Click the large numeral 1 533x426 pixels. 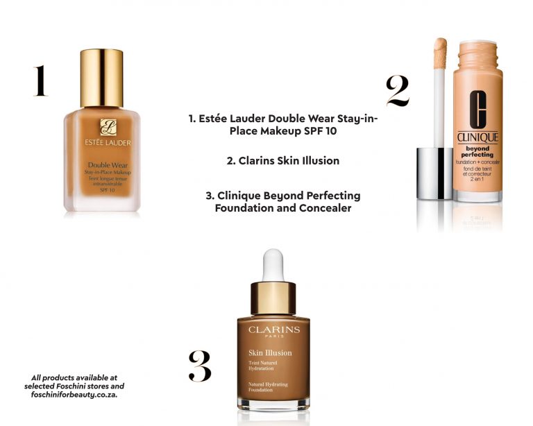(40, 80)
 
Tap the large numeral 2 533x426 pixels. (398, 91)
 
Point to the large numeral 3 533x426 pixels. (200, 366)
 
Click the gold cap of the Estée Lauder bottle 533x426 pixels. (101, 78)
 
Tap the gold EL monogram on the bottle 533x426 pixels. (108, 127)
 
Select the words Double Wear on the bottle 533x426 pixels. (108, 165)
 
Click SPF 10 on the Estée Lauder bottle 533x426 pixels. (108, 190)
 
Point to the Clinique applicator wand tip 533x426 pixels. (440, 53)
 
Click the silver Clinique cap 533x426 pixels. (434, 173)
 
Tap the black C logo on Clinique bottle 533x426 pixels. (478, 110)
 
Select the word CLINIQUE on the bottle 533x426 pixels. (477, 137)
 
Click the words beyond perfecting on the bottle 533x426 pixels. (477, 151)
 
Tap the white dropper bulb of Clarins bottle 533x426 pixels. (273, 266)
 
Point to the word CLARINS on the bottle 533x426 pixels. (274, 330)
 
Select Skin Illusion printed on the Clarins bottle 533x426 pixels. (270, 353)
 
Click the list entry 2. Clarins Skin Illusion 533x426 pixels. (283, 161)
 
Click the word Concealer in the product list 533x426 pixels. (325, 208)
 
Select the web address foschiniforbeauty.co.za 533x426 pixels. (74, 395)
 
